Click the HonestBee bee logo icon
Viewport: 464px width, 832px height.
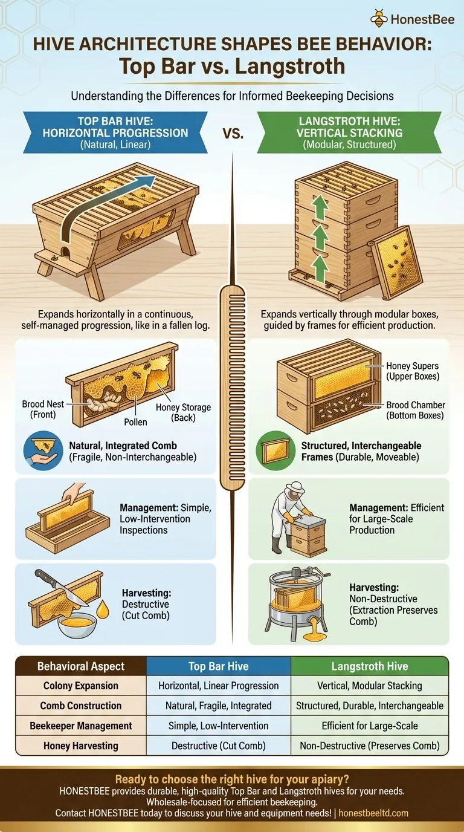pos(379,19)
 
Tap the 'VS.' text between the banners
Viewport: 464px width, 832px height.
pos(232,133)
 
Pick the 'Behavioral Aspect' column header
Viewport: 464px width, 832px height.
pos(81,666)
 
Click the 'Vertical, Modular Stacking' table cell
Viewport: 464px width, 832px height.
pos(369,686)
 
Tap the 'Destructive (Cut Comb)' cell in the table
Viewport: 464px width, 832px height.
pos(219,746)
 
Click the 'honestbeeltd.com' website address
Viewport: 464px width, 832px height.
pos(373,813)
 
